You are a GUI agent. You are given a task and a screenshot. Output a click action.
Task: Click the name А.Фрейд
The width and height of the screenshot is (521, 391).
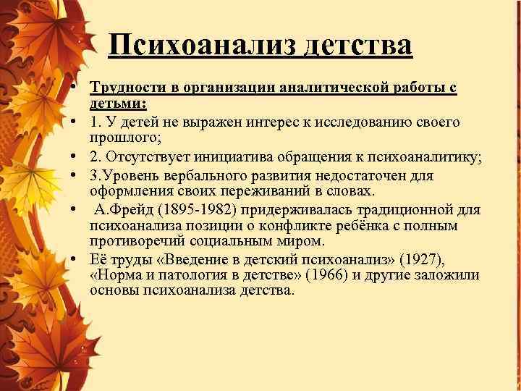click(122, 209)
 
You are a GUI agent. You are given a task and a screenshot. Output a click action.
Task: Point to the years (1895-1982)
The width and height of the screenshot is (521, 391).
click(194, 209)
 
